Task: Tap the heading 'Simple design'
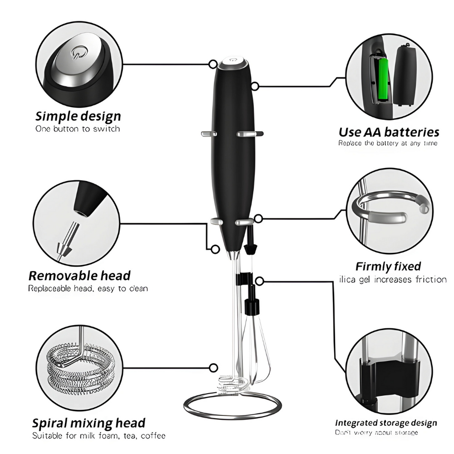point(78,116)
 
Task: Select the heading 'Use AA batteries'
point(389,132)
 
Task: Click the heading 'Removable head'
point(79,276)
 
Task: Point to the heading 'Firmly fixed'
point(388,266)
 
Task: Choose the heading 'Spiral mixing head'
point(89,423)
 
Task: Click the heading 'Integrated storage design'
point(386,423)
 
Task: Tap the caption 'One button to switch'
point(78,129)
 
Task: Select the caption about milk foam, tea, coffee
point(99,436)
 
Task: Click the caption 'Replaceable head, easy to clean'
point(88,289)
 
